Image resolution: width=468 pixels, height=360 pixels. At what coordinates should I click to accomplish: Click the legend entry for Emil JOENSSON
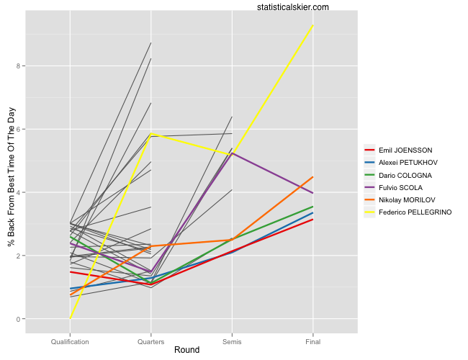tap(405, 150)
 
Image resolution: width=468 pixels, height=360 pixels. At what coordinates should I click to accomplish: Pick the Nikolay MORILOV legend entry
tap(408, 199)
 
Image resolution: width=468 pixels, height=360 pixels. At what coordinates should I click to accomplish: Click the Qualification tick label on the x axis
tap(70, 341)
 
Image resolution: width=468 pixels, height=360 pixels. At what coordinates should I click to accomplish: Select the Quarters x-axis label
tap(150, 341)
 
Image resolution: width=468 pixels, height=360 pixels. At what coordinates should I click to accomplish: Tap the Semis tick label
tap(232, 341)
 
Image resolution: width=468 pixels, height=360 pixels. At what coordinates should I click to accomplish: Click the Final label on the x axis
tap(313, 341)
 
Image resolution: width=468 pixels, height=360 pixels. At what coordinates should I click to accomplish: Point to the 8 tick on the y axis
tap(20, 66)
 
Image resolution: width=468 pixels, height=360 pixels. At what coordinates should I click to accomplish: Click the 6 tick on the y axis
tap(20, 130)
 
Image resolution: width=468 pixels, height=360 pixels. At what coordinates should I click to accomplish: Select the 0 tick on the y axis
tap(20, 319)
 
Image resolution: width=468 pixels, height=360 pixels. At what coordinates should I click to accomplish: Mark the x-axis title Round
tap(186, 350)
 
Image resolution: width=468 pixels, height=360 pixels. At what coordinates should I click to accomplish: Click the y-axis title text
tap(11, 176)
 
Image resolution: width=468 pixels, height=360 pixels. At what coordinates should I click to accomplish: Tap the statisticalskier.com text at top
tap(292, 7)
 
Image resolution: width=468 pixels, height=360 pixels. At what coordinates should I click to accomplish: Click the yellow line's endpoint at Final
tap(313, 25)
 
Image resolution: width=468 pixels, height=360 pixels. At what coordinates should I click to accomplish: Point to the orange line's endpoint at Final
tap(313, 177)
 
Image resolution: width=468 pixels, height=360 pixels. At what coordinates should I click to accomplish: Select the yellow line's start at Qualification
tap(70, 319)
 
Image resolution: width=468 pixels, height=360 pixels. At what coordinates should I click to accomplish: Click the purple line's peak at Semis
tap(232, 153)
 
